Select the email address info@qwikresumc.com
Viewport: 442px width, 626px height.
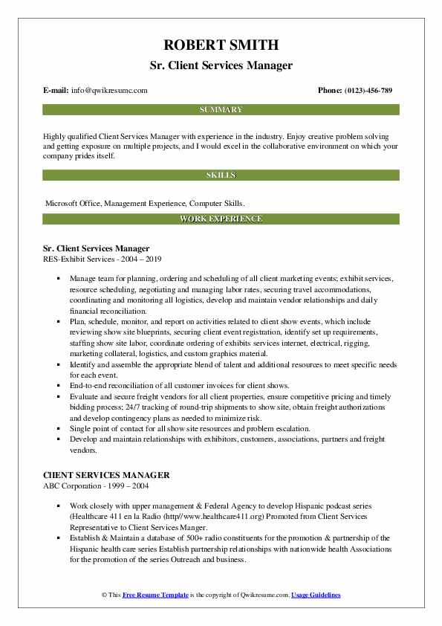[x=110, y=91]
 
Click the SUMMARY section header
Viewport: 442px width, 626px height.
[x=221, y=110]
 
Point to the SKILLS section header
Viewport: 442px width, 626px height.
[x=221, y=175]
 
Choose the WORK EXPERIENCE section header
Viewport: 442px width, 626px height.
[x=221, y=219]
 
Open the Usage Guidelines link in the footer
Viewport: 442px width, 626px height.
[x=316, y=596]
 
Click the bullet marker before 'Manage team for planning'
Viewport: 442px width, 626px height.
[x=59, y=277]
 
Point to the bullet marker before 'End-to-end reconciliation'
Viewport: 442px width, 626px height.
[x=59, y=385]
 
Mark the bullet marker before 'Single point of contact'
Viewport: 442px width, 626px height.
[x=59, y=429]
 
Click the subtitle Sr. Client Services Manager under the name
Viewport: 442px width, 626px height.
[x=221, y=65]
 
